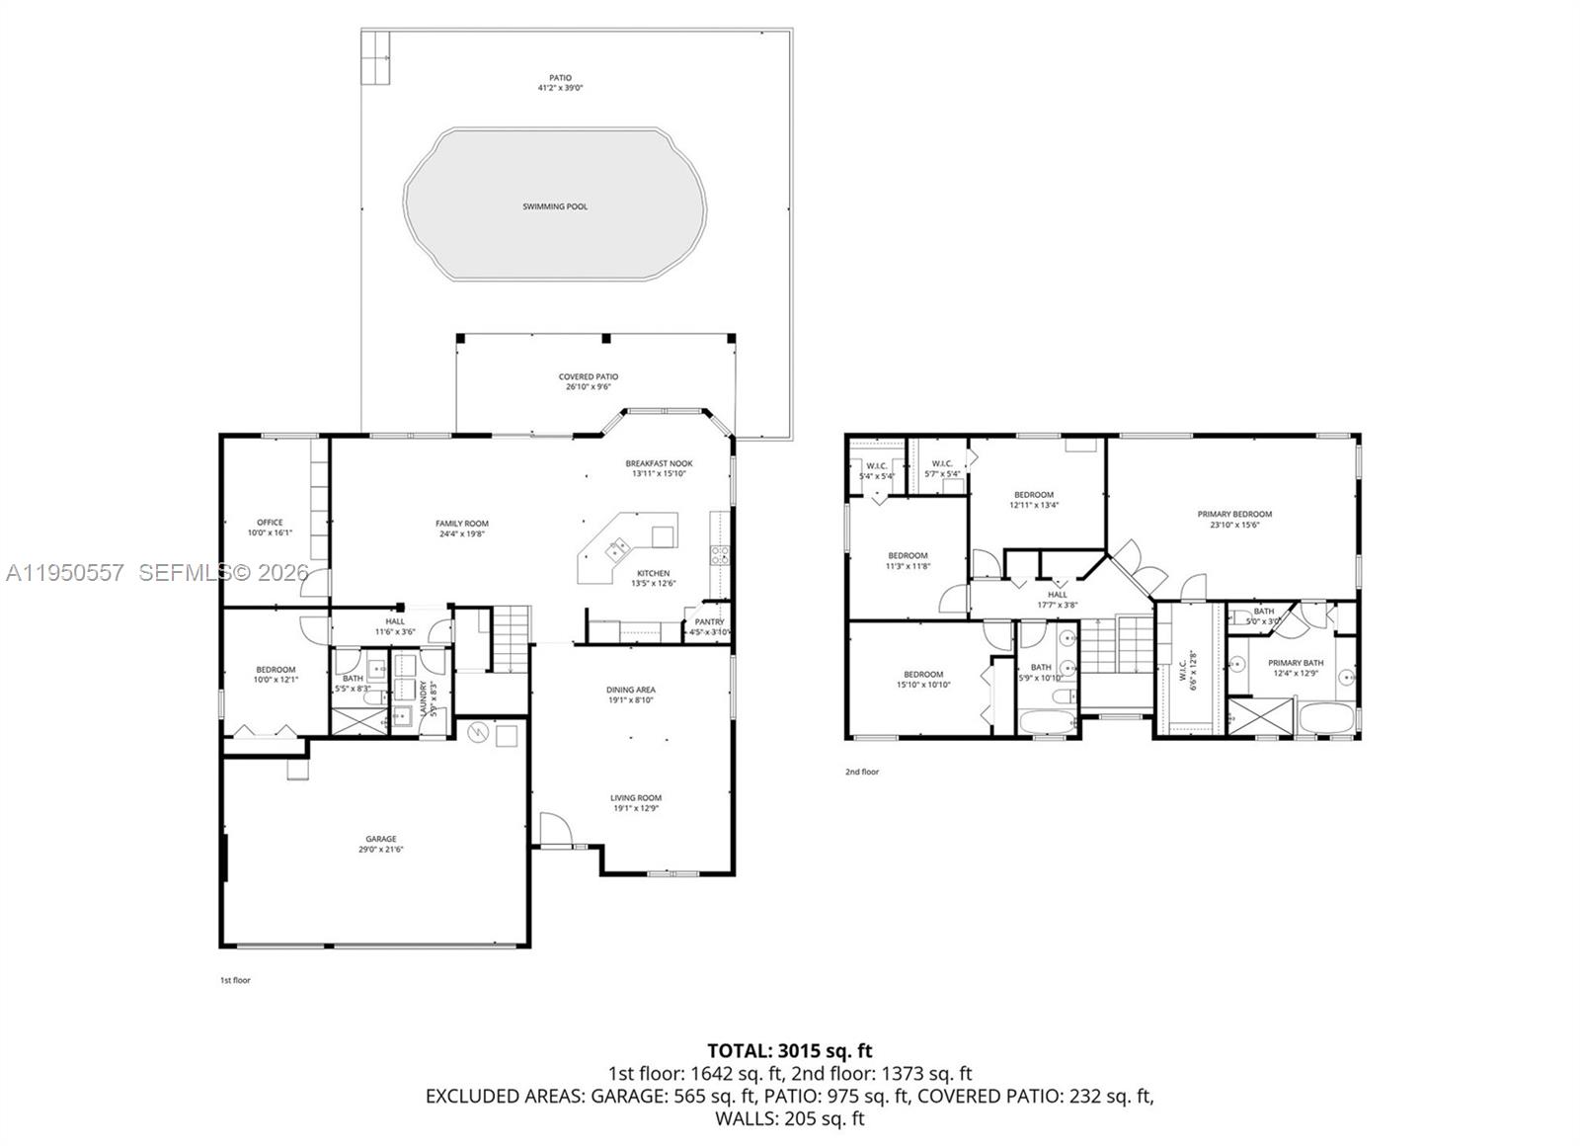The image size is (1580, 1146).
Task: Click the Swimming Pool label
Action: point(555,206)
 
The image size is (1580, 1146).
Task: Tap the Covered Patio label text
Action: point(589,376)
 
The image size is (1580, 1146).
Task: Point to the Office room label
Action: point(270,523)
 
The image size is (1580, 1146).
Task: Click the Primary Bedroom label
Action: point(1234,514)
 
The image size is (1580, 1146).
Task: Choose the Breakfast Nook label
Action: point(659,463)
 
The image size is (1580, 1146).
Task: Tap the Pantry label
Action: point(709,622)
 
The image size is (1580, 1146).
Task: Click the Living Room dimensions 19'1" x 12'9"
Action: point(635,808)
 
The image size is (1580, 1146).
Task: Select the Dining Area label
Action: point(631,690)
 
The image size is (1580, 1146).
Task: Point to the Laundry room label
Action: point(422,698)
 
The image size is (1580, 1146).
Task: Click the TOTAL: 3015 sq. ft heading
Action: point(789,1050)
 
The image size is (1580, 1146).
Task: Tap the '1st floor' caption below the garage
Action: point(235,981)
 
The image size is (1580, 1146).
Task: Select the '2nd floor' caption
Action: point(861,772)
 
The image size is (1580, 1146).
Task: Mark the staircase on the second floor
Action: point(1116,647)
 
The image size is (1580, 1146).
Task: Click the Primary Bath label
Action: point(1296,663)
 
